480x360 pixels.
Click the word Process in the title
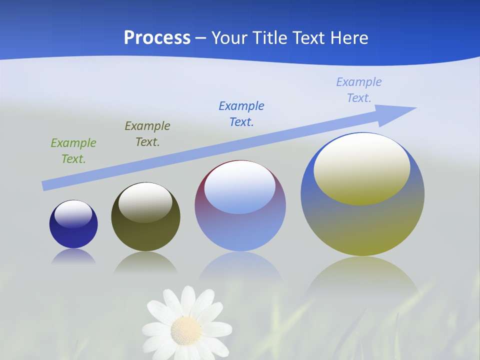click(x=157, y=38)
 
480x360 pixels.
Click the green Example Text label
click(x=73, y=150)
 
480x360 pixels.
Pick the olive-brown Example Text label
click(x=147, y=133)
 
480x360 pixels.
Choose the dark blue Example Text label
click(x=241, y=113)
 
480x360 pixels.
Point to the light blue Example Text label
click(x=359, y=89)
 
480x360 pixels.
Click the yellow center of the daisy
click(x=186, y=330)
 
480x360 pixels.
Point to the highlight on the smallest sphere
click(x=73, y=214)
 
